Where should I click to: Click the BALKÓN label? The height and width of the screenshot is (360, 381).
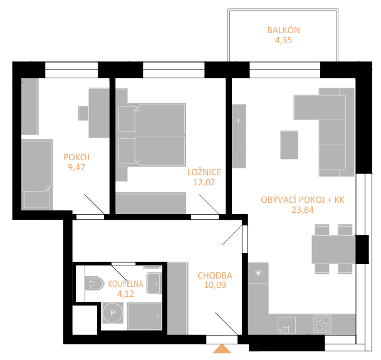[x=283, y=30]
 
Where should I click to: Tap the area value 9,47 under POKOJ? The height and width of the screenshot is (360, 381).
[x=76, y=168]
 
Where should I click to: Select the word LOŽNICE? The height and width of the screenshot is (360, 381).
[x=204, y=172]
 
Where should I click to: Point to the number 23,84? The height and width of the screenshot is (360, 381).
[x=303, y=210]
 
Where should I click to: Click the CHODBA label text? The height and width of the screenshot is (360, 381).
[x=215, y=275]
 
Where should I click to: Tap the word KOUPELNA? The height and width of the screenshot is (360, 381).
[x=125, y=284]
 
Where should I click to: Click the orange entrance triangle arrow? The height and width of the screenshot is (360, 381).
[x=222, y=349]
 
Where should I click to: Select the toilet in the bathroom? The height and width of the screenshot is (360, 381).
[x=95, y=283]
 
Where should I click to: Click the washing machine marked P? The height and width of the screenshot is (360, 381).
[x=113, y=313]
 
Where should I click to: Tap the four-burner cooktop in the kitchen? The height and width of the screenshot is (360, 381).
[x=323, y=324]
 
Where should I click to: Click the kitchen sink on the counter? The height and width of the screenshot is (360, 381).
[x=286, y=325]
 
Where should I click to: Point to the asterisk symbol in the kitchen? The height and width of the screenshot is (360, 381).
[x=258, y=273]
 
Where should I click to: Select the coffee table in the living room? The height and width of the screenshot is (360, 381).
[x=289, y=145]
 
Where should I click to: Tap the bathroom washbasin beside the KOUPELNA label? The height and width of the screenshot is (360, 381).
[x=154, y=283]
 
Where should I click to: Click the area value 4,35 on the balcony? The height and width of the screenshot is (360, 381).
[x=283, y=40]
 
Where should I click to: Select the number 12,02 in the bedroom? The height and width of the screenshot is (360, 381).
[x=204, y=182]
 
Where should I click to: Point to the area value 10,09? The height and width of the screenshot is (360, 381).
[x=215, y=285]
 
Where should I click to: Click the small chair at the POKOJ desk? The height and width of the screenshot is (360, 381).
[x=83, y=113]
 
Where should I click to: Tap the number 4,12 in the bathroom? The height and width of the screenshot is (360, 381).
[x=125, y=294]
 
